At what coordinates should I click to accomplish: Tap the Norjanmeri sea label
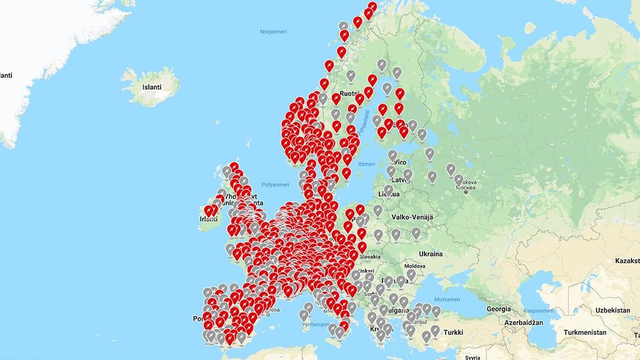coord(273,31)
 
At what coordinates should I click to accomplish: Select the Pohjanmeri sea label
coord(276,184)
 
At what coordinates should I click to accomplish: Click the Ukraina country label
coord(431,254)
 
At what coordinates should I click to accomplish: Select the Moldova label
coord(415,266)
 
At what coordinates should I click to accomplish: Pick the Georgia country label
coord(499,309)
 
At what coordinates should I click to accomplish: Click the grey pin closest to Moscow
coord(459,180)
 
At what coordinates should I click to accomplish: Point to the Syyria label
coord(473,356)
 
